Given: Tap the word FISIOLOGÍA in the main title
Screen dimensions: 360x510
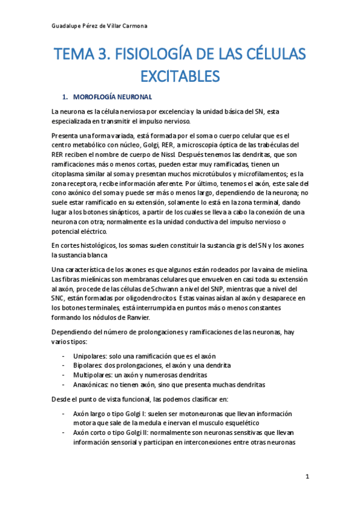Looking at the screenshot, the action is coord(166,55).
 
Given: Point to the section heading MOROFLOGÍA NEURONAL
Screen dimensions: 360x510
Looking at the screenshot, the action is coord(112,97).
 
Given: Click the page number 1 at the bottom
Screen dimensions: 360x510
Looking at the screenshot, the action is coord(307,477).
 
